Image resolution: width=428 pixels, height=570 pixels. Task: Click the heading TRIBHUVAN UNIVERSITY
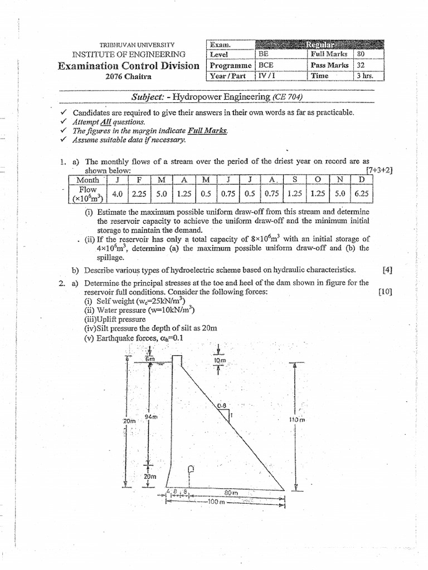[137, 45]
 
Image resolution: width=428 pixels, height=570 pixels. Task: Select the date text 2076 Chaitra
[129, 77]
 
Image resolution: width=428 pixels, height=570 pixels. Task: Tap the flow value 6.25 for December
[362, 194]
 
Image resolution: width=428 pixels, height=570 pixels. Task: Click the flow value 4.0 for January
[118, 194]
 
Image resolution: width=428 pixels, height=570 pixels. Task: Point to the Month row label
[87, 180]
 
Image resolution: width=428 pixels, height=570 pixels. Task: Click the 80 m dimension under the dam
[231, 493]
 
